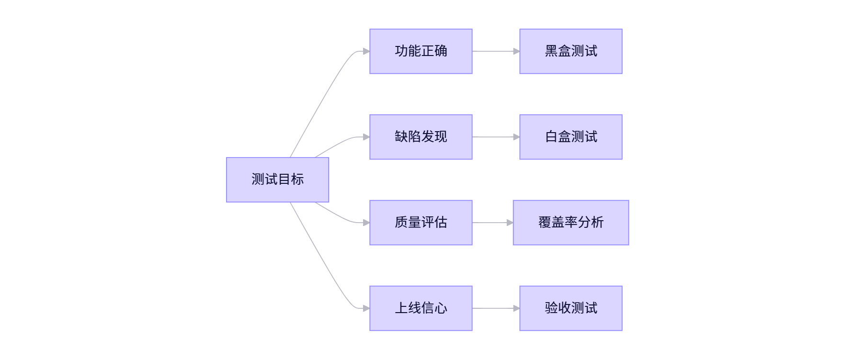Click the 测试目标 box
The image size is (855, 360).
point(277,180)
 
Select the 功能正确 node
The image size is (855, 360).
point(421,51)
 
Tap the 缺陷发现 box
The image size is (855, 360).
point(421,137)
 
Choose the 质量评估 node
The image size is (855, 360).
point(421,223)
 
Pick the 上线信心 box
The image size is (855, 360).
point(421,308)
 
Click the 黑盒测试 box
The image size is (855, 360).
point(570,51)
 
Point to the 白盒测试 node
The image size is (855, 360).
point(570,137)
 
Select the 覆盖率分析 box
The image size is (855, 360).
point(570,223)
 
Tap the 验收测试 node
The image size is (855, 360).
point(570,308)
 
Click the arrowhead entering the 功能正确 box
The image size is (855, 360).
point(366,51)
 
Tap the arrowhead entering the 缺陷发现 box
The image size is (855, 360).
point(366,137)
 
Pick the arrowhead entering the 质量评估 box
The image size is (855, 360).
point(366,223)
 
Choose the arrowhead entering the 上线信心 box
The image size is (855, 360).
point(366,308)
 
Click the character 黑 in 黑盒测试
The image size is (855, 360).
point(551,51)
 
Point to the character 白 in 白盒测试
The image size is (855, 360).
point(551,137)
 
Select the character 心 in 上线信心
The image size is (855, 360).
point(441,308)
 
